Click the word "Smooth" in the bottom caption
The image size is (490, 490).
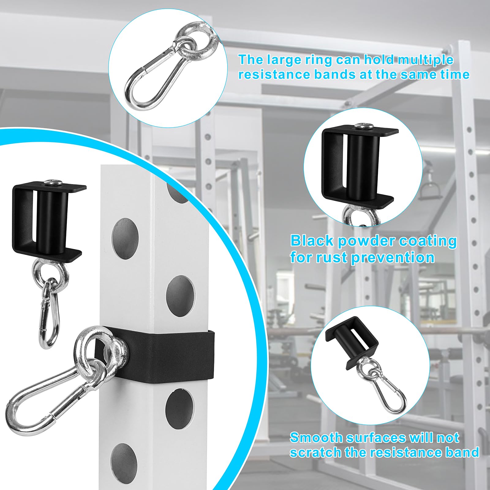(315, 438)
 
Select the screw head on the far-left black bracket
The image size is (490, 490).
(53, 183)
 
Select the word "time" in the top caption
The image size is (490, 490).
(454, 74)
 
